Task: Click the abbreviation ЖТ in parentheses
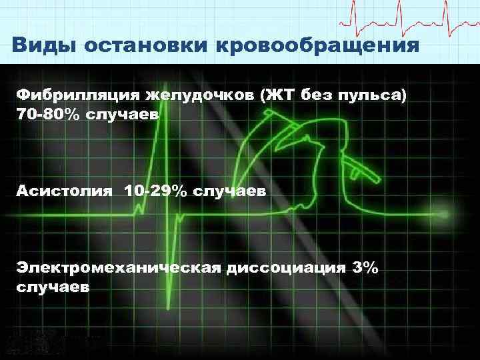click(281, 95)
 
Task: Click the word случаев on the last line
click(53, 288)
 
